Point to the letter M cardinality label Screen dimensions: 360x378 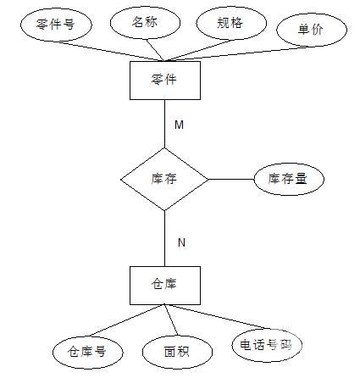179,125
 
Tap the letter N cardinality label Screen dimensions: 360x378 181,242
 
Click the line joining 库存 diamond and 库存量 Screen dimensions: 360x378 231,179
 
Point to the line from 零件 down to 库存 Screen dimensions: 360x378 165,124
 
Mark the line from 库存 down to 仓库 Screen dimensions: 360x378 165,238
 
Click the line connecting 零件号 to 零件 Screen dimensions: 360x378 111,51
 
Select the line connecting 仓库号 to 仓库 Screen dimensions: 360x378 126,320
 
